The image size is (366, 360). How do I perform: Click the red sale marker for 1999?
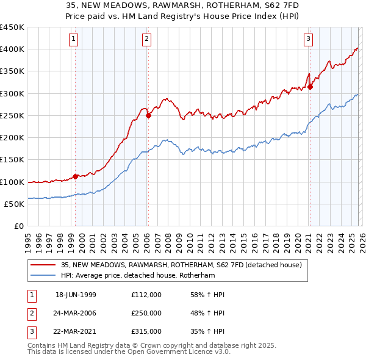click(x=76, y=176)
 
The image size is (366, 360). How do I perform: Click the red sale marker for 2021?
click(x=310, y=87)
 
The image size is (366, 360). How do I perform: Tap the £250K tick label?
click(x=12, y=115)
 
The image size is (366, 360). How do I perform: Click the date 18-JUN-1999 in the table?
click(x=76, y=295)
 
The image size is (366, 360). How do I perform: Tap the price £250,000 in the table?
click(x=146, y=313)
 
